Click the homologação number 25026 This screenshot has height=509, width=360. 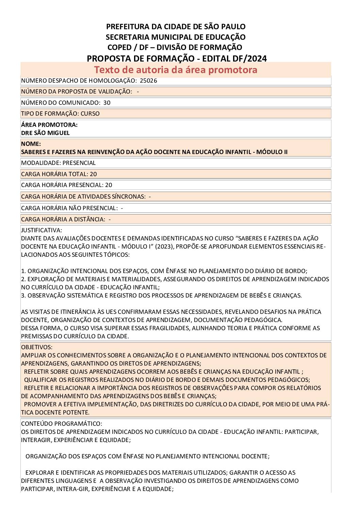148,81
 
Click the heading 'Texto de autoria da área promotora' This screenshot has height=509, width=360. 176,70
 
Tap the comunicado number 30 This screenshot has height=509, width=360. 107,103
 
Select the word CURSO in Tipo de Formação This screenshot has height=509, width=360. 90,114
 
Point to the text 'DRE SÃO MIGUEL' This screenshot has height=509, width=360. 45,133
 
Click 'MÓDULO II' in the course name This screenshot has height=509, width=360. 272,152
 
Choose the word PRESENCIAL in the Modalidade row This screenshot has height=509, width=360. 79,163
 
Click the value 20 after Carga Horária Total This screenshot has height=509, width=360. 93,174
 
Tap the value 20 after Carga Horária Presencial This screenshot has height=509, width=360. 109,185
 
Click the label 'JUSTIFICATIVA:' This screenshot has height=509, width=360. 42,230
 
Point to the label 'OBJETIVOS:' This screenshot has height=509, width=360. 37,347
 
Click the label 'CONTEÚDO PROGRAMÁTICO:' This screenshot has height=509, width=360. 62,424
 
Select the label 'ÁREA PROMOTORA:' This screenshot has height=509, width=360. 49,125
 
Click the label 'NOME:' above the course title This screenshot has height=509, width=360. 31,144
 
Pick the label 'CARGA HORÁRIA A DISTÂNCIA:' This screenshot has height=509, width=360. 63,219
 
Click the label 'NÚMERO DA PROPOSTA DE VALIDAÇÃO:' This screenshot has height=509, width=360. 77,91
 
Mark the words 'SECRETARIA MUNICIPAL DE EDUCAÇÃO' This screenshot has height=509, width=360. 176,37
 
